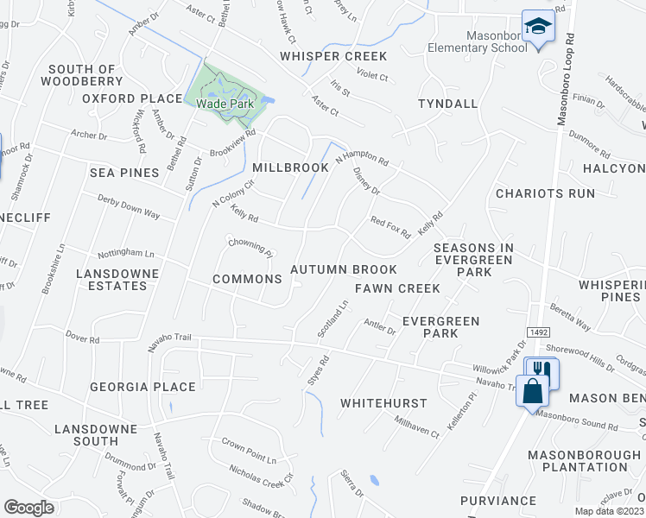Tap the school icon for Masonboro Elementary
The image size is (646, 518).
536,27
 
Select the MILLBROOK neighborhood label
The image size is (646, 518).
290,167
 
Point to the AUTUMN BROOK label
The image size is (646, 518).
344,270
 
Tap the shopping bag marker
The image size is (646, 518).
534,390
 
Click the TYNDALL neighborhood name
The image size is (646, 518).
447,104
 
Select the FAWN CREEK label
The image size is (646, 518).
397,287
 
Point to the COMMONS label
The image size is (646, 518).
247,279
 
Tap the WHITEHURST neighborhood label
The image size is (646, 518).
383,403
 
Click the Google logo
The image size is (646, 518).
28,507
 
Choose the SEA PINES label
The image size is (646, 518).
124,173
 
